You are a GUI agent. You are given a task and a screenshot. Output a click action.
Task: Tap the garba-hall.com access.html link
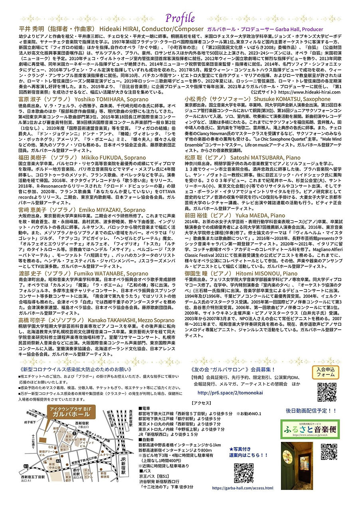[243, 488]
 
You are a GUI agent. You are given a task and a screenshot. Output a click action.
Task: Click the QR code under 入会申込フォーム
[327, 392]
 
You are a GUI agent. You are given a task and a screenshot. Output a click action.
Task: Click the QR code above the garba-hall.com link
[243, 473]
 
